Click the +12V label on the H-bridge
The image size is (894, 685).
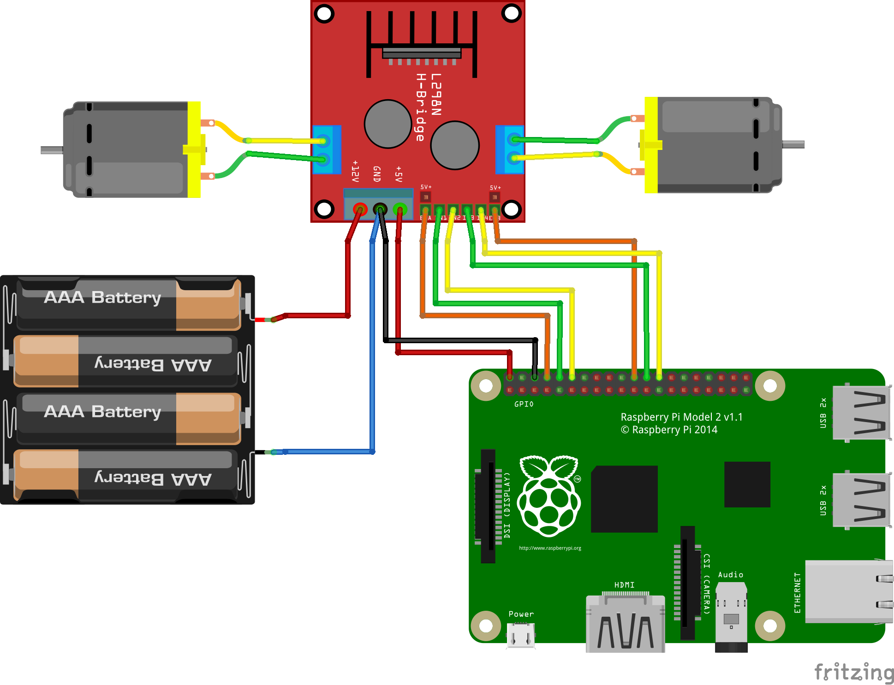[x=355, y=172]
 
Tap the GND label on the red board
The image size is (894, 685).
[x=377, y=174]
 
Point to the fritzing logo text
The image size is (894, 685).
[x=853, y=672]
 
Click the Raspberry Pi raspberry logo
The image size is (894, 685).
[x=549, y=496]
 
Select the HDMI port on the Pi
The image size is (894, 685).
[x=625, y=623]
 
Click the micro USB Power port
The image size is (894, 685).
[x=521, y=635]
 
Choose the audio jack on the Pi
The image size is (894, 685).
[x=731, y=616]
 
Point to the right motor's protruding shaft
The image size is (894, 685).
[x=793, y=144]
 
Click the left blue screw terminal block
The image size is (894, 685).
[x=327, y=149]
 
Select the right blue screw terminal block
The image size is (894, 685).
[x=509, y=149]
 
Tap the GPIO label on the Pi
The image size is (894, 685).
[x=524, y=404]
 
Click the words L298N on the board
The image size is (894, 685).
[x=436, y=95]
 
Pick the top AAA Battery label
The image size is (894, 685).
[x=102, y=298]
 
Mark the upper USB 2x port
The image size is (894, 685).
[x=860, y=412]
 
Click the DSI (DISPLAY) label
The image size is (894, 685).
[x=507, y=505]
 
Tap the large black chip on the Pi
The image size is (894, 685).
[x=624, y=499]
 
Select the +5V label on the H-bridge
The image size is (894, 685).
[x=399, y=174]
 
